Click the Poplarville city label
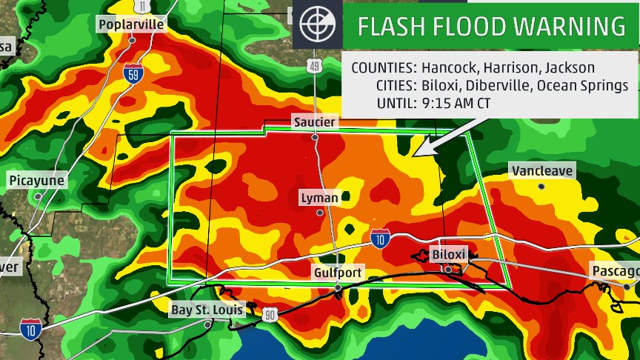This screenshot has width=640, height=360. click(131, 24)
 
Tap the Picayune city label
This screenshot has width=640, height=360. click(37, 181)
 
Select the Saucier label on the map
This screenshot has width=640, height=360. click(314, 121)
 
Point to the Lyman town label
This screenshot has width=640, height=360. click(319, 198)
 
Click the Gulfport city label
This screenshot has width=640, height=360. click(337, 273)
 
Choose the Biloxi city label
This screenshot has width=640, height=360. click(449, 255)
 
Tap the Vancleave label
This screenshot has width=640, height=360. click(542, 170)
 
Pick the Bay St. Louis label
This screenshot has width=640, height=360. click(207, 310)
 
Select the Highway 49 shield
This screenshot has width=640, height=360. click(315, 67)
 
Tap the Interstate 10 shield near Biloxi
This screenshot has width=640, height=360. click(381, 238)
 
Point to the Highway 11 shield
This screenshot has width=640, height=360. click(142, 6)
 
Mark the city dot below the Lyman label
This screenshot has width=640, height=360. click(319, 213)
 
